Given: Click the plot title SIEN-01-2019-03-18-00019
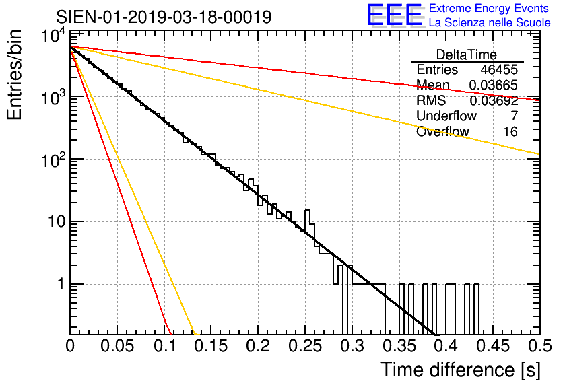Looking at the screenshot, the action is pyautogui.click(x=164, y=17).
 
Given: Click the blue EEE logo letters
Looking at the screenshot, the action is pyautogui.click(x=395, y=15).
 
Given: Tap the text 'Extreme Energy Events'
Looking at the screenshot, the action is pyautogui.click(x=489, y=8).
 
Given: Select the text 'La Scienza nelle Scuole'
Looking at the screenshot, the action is pyautogui.click(x=490, y=22).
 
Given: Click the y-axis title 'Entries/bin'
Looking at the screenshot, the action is pyautogui.click(x=14, y=75).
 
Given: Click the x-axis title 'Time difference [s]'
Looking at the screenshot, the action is pyautogui.click(x=461, y=370).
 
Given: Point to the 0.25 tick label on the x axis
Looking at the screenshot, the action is pyautogui.click(x=305, y=346).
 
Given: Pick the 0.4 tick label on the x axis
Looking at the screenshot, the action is pyautogui.click(x=446, y=346).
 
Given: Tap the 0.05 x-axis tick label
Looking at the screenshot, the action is pyautogui.click(x=117, y=346).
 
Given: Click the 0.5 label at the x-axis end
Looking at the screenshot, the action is pyautogui.click(x=539, y=346).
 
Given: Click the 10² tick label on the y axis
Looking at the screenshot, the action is pyautogui.click(x=55, y=160).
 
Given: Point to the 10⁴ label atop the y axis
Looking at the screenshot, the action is pyautogui.click(x=55, y=36).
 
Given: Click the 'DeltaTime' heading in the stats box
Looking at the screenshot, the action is pyautogui.click(x=467, y=55).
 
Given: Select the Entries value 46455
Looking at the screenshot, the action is pyautogui.click(x=499, y=69).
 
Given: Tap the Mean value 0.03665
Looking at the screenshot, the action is pyautogui.click(x=494, y=85).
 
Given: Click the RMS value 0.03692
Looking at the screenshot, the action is pyautogui.click(x=494, y=100).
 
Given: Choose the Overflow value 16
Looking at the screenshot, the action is pyautogui.click(x=510, y=131).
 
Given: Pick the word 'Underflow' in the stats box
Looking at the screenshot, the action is pyautogui.click(x=446, y=116).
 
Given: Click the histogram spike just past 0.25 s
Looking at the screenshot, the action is pyautogui.click(x=307, y=219).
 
